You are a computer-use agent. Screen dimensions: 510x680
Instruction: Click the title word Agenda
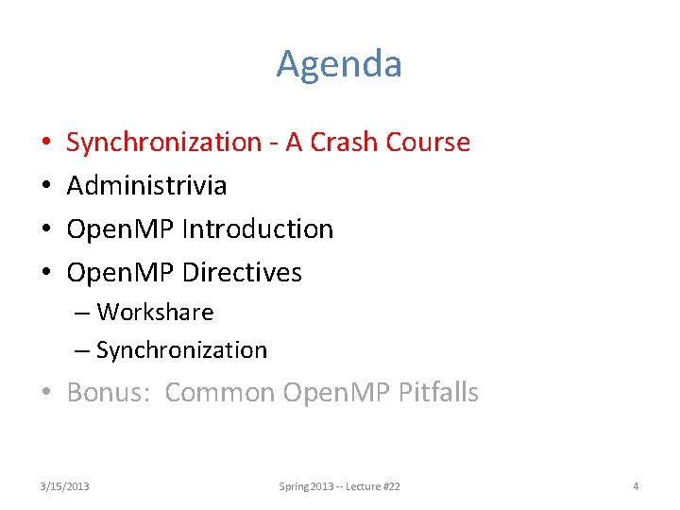pos(339,65)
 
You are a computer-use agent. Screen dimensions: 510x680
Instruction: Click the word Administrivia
pos(146,186)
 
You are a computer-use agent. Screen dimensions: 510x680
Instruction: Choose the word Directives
pos(242,273)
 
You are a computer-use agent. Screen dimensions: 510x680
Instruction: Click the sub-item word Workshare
pos(155,313)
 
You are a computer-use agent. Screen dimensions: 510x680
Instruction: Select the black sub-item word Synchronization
pos(181,350)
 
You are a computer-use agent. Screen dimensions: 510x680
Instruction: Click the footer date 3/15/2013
pos(65,486)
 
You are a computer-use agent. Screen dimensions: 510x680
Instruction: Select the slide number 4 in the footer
pos(636,486)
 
